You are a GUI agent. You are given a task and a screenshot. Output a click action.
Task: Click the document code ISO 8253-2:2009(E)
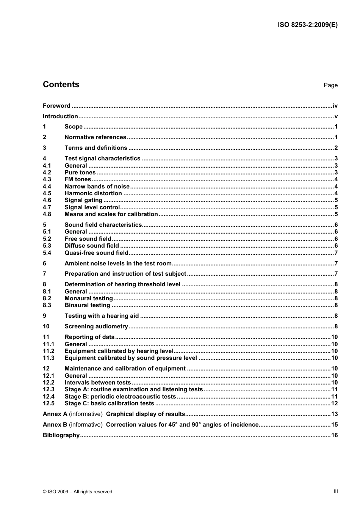point(307,25)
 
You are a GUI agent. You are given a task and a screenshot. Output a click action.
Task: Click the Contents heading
point(61,85)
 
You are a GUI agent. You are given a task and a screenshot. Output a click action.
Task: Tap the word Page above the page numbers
point(330,85)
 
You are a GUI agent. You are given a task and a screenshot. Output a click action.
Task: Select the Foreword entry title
point(56,106)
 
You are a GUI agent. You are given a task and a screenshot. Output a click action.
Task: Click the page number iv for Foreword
point(335,106)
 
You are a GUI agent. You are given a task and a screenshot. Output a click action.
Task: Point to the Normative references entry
point(95,137)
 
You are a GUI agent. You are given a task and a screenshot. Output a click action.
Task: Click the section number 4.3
point(47,179)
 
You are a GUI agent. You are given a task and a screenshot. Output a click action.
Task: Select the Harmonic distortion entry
point(93,193)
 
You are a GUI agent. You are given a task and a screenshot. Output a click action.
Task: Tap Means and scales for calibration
point(111,214)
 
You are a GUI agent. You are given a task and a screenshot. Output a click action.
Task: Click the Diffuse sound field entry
point(92,246)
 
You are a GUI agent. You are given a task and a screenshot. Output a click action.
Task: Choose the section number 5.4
point(47,253)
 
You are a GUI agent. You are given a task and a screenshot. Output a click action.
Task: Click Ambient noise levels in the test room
point(118,264)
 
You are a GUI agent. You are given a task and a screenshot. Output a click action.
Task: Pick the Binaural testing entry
point(87,305)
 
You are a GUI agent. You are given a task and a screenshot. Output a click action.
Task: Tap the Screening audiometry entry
point(96,326)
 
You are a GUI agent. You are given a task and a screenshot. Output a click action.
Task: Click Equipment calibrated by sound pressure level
point(131,358)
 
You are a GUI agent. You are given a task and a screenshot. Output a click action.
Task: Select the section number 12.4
point(49,397)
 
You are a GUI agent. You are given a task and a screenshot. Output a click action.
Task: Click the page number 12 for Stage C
point(334,403)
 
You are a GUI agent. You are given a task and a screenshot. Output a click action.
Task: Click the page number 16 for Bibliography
point(334,435)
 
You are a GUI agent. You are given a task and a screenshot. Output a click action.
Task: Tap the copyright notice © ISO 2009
point(77,492)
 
